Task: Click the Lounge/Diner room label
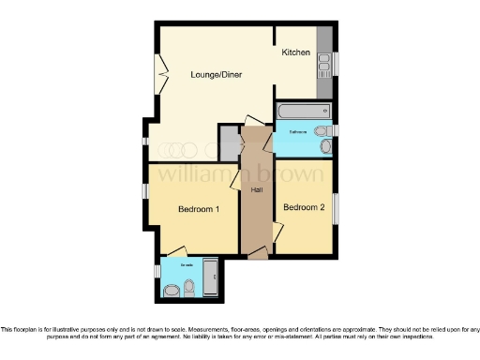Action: point(217,74)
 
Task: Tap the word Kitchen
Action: point(296,52)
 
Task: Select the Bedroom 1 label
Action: point(199,209)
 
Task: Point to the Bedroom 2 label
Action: point(304,207)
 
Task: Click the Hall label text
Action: point(256,190)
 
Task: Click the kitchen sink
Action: point(323,63)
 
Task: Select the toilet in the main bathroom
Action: point(324,146)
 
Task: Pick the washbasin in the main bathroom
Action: point(320,130)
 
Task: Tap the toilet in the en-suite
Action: point(188,287)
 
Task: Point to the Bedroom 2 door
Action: point(277,231)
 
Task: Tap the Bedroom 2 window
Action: point(337,207)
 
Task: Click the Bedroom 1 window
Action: point(145,191)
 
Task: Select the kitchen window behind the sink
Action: point(336,63)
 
